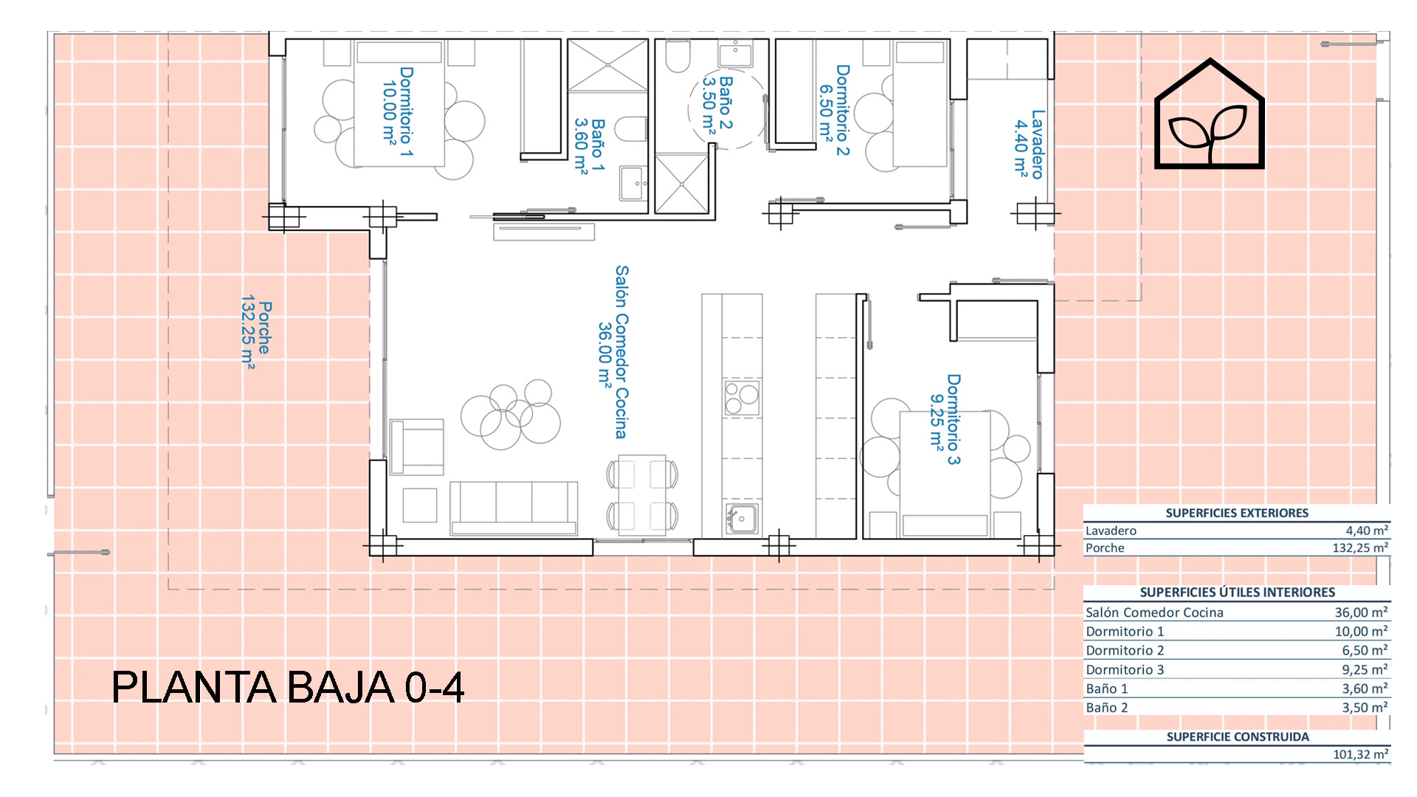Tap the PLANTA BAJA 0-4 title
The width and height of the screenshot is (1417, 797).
tap(288, 687)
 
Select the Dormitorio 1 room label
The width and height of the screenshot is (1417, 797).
tap(397, 111)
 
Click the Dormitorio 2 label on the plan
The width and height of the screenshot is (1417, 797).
tap(834, 110)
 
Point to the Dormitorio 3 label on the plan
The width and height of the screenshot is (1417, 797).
tap(945, 419)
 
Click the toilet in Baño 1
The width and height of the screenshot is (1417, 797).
tap(630, 128)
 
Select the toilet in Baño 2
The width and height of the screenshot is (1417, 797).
tap(678, 57)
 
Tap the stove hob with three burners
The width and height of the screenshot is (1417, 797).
tap(742, 398)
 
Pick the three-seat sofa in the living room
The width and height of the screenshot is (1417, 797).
tap(514, 508)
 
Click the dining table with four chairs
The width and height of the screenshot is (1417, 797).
tap(642, 494)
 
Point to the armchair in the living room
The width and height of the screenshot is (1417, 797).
tap(417, 446)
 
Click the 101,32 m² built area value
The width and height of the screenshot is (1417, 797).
tap(1361, 754)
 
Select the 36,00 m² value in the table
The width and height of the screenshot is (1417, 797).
tap(1361, 612)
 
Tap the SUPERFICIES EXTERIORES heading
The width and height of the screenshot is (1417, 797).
tap(1237, 513)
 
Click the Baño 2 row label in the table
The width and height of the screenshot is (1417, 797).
tap(1107, 708)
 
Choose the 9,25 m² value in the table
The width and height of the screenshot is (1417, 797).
tap(1365, 669)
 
